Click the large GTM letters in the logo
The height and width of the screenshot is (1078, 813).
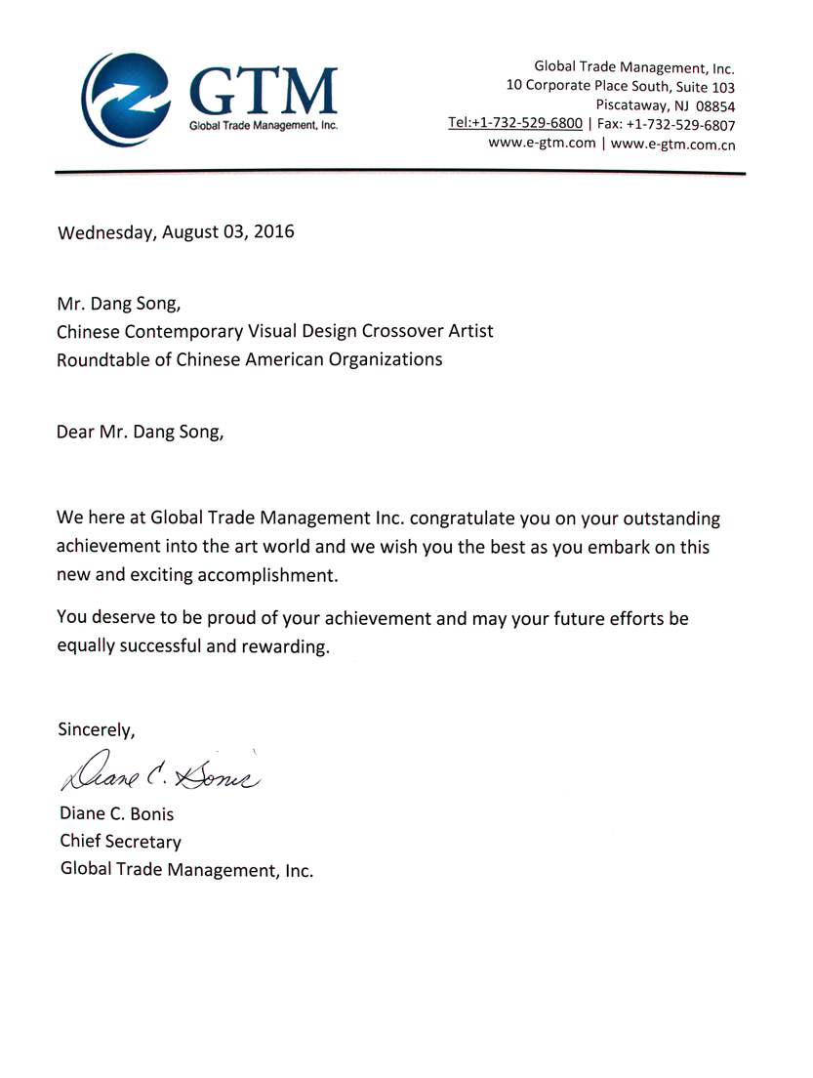(x=263, y=92)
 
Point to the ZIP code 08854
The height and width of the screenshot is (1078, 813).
(x=715, y=105)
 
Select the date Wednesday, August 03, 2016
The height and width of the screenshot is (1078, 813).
(x=176, y=232)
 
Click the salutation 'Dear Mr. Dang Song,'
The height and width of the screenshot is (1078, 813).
(x=141, y=431)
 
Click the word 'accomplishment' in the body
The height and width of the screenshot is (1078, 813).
(x=267, y=575)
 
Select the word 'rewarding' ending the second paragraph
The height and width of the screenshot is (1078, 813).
(x=281, y=646)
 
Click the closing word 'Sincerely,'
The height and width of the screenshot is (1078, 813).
(x=97, y=729)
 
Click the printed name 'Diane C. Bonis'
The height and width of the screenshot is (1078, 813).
(x=117, y=813)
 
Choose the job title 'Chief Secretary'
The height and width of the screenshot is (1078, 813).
(x=120, y=841)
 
